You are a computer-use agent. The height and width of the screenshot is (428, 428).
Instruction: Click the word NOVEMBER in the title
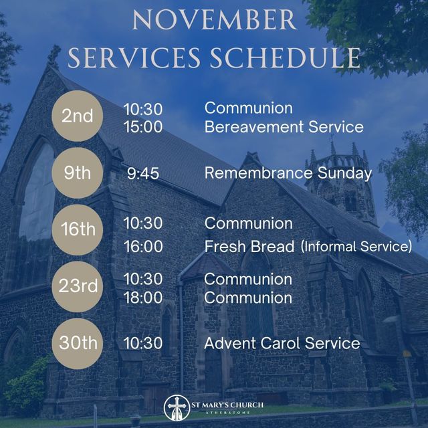214,20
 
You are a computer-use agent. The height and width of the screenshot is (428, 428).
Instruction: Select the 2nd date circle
78,116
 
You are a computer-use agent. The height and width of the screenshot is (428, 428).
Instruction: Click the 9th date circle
78,173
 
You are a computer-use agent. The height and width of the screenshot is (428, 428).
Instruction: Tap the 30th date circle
78,344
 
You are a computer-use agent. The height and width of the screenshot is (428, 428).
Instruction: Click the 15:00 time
143,127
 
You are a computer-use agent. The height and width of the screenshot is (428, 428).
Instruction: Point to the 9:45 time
143,174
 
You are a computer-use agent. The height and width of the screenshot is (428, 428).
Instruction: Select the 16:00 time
143,247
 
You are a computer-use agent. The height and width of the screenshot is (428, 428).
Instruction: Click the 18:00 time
143,298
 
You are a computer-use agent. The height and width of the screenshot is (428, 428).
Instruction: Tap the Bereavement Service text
284,127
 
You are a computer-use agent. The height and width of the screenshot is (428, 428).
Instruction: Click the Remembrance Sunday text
288,174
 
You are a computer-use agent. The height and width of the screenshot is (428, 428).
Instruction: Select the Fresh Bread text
249,247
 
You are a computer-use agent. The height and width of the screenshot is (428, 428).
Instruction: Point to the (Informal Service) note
356,247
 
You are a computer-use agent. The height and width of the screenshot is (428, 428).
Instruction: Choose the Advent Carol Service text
282,344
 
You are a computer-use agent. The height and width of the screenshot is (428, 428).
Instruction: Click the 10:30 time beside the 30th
143,344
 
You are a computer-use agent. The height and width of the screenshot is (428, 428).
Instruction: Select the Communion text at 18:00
248,298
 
